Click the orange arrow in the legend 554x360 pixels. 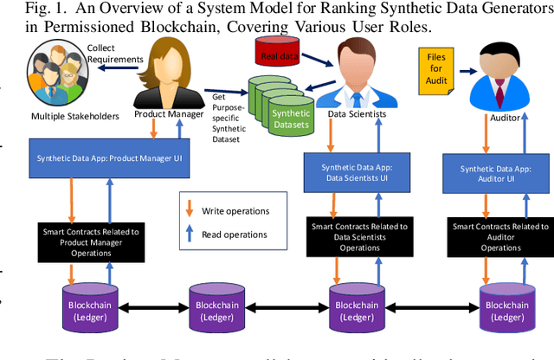pyautogui.click(x=189, y=209)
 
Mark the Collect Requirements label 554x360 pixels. pyautogui.click(x=113, y=54)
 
